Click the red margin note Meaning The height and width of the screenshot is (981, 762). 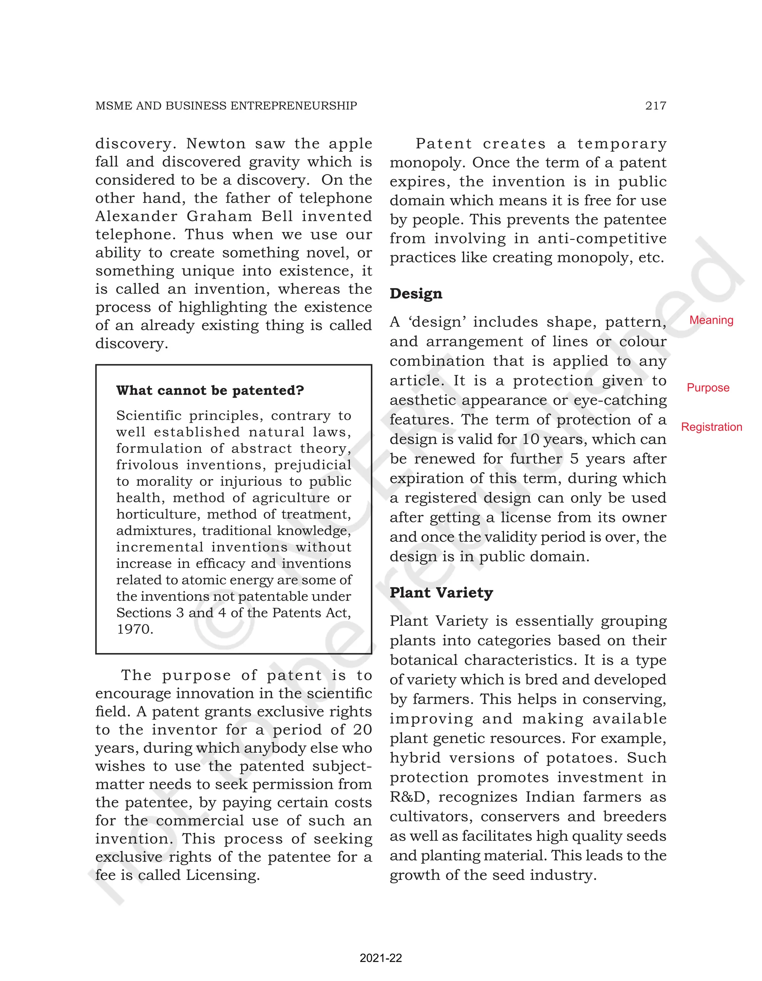[x=711, y=320]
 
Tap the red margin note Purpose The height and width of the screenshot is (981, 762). [x=708, y=388]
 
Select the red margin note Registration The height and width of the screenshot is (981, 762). [x=711, y=427]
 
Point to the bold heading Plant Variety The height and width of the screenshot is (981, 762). [x=441, y=593]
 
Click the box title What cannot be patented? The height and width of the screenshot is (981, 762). [x=210, y=390]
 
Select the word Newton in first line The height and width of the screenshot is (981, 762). [x=216, y=144]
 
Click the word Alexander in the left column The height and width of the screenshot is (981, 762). [x=136, y=216]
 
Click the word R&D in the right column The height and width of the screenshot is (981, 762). [x=408, y=797]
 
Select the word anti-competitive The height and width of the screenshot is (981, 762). [x=602, y=239]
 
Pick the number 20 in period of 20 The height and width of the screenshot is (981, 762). [x=362, y=730]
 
